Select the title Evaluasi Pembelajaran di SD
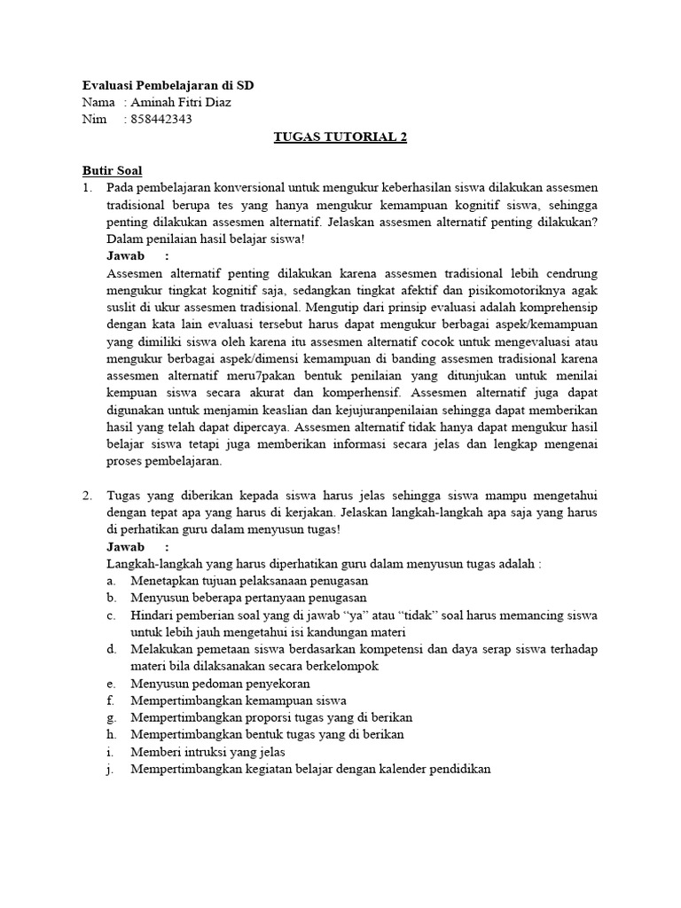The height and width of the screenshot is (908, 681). tap(167, 86)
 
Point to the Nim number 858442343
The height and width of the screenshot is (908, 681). tap(160, 120)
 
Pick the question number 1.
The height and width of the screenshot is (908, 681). tap(87, 188)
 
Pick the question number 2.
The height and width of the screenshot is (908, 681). tap(87, 497)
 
